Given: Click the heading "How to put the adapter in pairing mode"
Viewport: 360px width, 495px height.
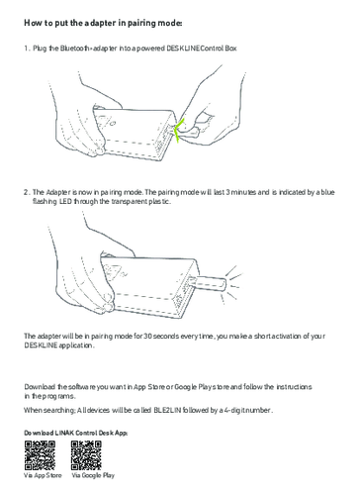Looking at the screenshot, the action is [103, 23].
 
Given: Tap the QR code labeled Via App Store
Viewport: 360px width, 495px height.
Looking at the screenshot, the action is [40, 455].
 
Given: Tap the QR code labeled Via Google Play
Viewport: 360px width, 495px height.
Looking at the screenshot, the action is [86, 455].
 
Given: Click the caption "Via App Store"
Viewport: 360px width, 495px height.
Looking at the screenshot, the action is [43, 475].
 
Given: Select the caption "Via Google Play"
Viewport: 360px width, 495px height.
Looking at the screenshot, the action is [93, 475].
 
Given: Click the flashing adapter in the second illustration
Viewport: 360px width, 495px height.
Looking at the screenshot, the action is [210, 283].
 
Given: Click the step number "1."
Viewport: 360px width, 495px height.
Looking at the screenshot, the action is [27, 49].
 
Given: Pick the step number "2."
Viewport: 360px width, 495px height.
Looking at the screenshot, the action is [27, 192].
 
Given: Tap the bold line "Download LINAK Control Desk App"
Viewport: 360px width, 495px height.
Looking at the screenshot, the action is [76, 433].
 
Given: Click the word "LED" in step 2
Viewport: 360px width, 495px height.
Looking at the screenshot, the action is [65, 202].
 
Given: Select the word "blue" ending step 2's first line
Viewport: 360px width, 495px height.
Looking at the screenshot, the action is [327, 192].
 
